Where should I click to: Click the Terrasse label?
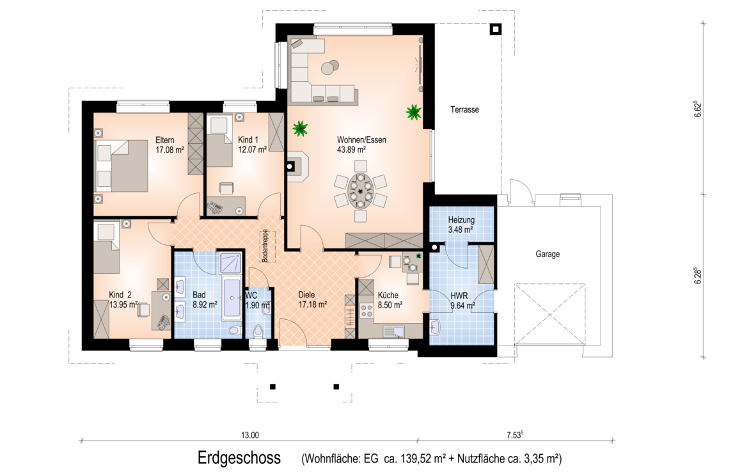tap(464, 110)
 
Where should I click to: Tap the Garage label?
tap(548, 254)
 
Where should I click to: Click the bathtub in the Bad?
tap(232, 299)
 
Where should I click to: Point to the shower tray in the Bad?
tap(231, 264)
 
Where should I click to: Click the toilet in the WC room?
tap(258, 329)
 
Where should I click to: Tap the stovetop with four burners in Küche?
tap(367, 310)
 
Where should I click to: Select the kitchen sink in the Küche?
tap(394, 331)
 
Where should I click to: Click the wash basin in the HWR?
tap(436, 327)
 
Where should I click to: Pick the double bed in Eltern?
tap(122, 166)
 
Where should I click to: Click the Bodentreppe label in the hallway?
tap(265, 246)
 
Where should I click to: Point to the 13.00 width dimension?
tap(250, 435)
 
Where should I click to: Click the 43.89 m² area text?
tap(351, 150)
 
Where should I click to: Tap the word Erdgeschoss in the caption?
tap(239, 458)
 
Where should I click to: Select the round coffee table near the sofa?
tap(330, 68)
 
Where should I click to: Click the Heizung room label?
tap(461, 220)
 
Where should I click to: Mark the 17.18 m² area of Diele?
tap(312, 304)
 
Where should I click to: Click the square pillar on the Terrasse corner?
tap(496, 29)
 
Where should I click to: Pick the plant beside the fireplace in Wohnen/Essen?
tap(300, 128)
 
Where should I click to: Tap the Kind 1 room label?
tap(248, 139)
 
